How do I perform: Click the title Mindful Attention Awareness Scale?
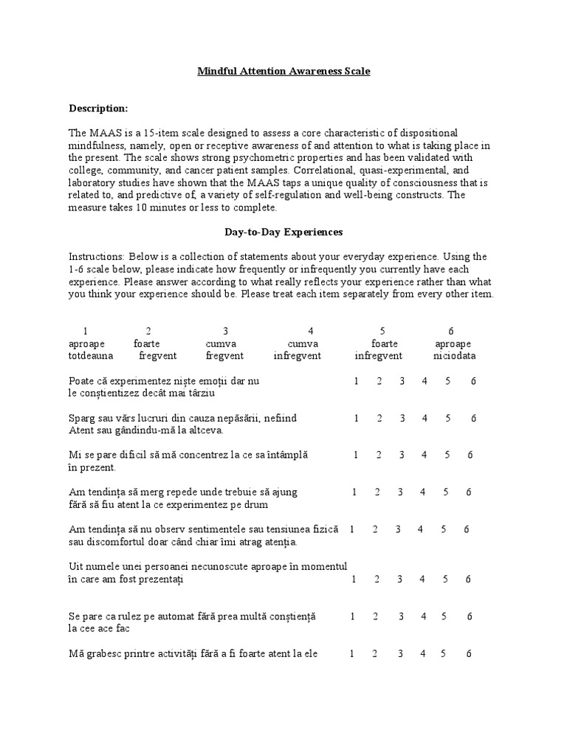283,72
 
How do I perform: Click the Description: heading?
98,109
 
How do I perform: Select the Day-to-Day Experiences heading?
283,232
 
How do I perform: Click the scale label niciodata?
454,356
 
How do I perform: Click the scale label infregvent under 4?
298,356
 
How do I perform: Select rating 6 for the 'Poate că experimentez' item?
473,381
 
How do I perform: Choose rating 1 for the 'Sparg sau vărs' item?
356,418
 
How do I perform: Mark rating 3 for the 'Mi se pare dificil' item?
402,455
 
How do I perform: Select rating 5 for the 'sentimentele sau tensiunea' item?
444,529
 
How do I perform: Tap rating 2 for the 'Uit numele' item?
377,579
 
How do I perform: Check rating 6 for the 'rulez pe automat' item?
470,616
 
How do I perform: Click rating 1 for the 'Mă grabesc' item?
352,653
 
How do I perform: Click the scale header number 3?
225,331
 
